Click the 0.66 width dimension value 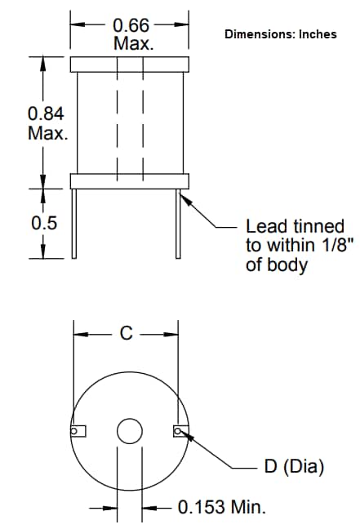pos(130,25)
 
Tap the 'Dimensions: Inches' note pos(280,34)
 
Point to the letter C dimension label pos(126,333)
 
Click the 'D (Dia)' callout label pos(294,467)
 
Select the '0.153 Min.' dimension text pos(222,507)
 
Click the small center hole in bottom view pos(129,431)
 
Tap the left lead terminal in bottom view pos(78,431)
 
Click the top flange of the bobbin pos(130,64)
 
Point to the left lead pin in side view pos(75,222)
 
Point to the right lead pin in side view pos(177,222)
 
